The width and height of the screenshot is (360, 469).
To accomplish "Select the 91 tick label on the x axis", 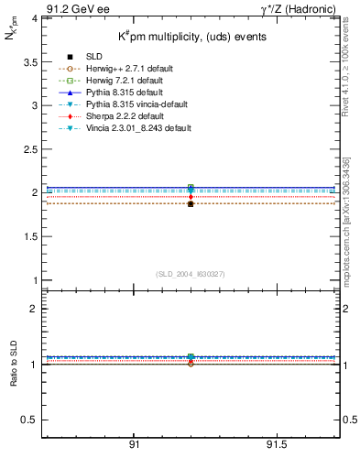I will click(134, 444).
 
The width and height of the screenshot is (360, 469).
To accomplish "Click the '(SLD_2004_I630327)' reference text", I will click(190, 273).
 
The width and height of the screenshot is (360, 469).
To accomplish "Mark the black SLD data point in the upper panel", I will click(191, 203).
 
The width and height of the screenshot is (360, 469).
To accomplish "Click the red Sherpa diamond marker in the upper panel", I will click(191, 196).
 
